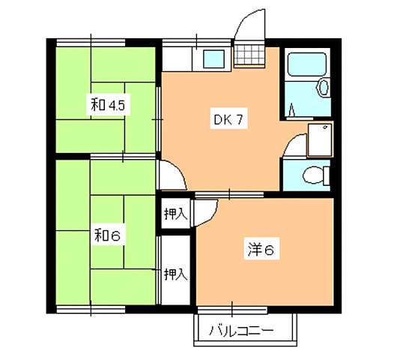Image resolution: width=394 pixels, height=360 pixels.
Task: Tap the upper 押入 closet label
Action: tap(176, 214)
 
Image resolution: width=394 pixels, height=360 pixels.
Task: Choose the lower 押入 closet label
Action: tap(176, 274)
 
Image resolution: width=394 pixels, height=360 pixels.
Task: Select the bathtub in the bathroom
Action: tap(303, 75)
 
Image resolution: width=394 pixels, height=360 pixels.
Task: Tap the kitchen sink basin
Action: tap(213, 58)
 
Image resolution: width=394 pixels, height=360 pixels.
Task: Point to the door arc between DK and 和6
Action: tap(172, 176)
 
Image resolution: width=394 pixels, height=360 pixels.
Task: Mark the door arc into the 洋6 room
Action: tap(206, 209)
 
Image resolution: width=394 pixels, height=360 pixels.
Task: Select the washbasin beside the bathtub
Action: tap(324, 88)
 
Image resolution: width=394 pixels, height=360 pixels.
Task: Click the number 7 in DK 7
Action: tap(239, 118)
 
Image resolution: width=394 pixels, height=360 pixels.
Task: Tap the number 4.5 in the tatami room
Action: tap(118, 106)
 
